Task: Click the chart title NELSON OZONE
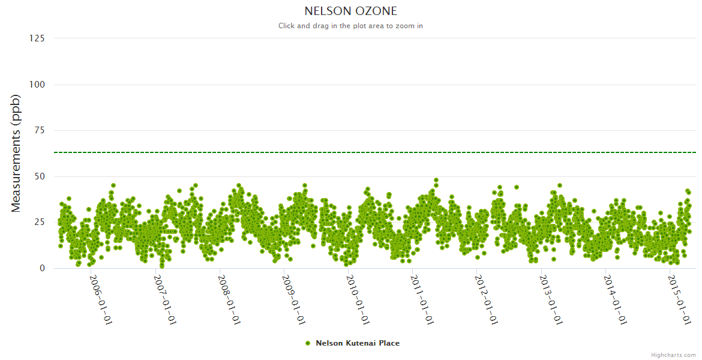click(350, 11)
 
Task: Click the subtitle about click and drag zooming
click(350, 26)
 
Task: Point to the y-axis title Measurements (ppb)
click(16, 153)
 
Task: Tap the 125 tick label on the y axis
click(37, 38)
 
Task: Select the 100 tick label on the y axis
click(37, 85)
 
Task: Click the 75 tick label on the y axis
click(39, 130)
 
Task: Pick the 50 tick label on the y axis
click(39, 176)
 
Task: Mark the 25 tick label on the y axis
click(39, 223)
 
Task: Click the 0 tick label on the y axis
click(42, 268)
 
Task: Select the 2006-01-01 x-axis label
click(101, 299)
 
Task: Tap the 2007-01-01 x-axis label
click(165, 299)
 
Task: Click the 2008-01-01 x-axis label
click(229, 299)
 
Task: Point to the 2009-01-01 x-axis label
click(293, 299)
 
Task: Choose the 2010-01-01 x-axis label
click(358, 299)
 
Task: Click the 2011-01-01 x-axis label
click(422, 299)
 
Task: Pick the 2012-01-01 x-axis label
click(486, 299)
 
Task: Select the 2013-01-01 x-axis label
click(551, 299)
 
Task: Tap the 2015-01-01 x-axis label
click(679, 299)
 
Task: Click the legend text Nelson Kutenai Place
click(358, 343)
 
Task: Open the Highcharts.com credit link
click(673, 355)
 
